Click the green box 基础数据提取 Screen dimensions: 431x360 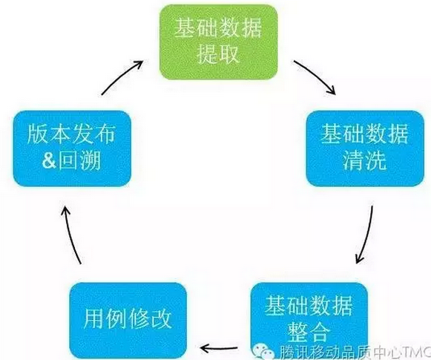pos(219,42)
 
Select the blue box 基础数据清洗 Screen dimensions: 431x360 pos(365,148)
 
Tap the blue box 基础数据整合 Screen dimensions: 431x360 pos(309,321)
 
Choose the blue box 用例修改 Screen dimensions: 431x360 pos(128,321)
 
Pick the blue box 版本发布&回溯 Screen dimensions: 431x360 pos(72,148)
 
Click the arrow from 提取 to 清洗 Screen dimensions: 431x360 pos(316,74)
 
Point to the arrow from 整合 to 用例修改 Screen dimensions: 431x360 pos(219,348)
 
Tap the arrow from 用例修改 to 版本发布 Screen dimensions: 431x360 pos(69,235)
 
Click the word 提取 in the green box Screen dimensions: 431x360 pos(217,53)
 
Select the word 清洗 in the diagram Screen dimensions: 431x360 pos(364,160)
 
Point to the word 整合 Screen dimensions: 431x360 pos(309,332)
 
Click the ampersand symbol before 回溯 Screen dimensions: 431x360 pos(49,160)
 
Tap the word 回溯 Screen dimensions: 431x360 pos(79,160)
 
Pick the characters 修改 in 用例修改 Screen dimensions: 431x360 pos(150,319)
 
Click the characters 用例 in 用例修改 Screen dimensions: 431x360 pos(105,319)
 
